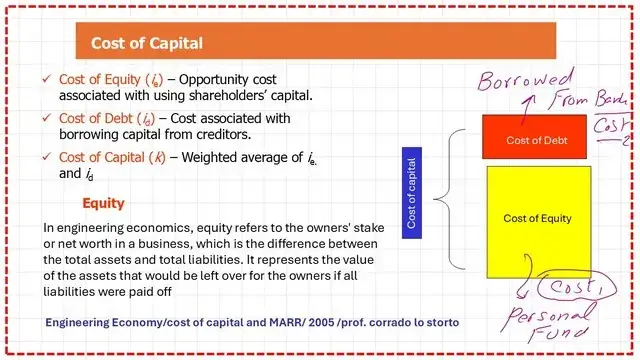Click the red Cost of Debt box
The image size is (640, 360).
535,140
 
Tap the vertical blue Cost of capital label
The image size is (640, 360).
412,191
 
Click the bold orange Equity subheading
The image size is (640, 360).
103,203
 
